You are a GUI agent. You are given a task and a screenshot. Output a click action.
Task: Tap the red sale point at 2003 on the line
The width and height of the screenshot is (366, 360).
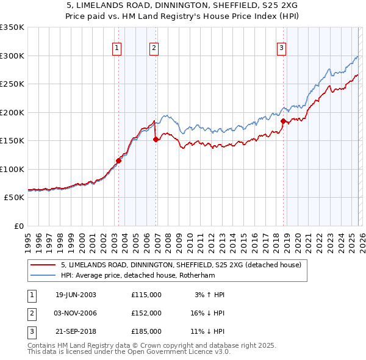point(119,161)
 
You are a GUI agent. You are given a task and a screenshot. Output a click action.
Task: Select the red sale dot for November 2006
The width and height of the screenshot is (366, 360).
point(156,140)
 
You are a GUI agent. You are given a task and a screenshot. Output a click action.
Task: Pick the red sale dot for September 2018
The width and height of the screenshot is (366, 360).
point(283,121)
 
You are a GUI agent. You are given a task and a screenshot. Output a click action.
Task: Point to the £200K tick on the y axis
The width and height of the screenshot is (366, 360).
point(12,112)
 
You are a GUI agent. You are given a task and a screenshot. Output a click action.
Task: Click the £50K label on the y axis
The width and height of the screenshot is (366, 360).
point(14,198)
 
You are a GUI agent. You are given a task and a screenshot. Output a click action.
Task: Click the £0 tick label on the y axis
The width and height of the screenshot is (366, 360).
point(18,226)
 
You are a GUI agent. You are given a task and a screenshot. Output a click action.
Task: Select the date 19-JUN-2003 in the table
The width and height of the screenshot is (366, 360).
point(76,295)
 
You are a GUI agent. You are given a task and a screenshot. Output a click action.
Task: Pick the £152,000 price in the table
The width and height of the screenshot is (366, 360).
point(146,313)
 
